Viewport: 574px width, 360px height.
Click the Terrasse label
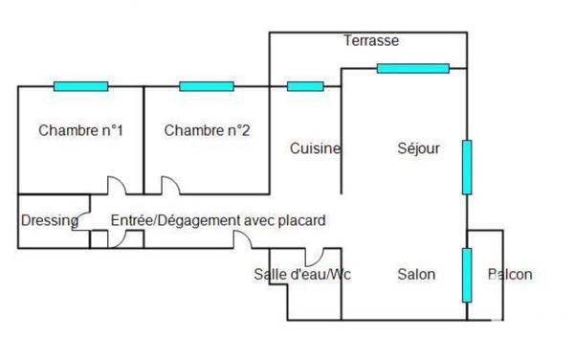370,41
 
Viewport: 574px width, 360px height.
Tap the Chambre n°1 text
80,131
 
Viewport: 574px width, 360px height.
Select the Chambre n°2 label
207,131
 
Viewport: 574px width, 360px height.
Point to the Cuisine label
315,148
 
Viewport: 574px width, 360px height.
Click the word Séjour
418,148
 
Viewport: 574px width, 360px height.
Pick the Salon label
416,275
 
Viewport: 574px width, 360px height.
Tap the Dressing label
50,220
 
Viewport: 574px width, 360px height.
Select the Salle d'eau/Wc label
302,275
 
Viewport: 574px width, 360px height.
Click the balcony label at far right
509,275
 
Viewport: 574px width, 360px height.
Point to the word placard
298,220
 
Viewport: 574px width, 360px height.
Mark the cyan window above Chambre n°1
80,86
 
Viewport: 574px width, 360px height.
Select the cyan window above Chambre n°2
207,86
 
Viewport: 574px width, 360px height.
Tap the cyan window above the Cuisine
305,86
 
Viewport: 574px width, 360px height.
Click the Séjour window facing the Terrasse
412,68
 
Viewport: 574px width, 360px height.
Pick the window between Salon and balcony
467,273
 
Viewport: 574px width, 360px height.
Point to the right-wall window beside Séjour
467,167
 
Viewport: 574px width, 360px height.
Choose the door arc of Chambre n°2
170,185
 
